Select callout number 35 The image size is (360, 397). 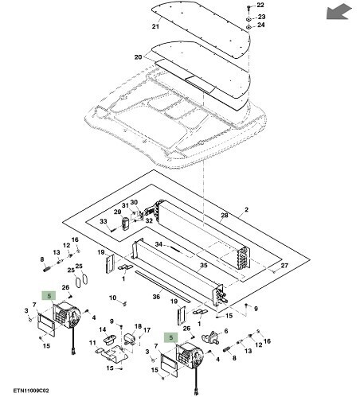(x=204, y=265)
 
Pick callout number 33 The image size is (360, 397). (x=103, y=221)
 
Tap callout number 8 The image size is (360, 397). (x=41, y=259)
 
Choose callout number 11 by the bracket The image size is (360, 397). (x=92, y=344)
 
